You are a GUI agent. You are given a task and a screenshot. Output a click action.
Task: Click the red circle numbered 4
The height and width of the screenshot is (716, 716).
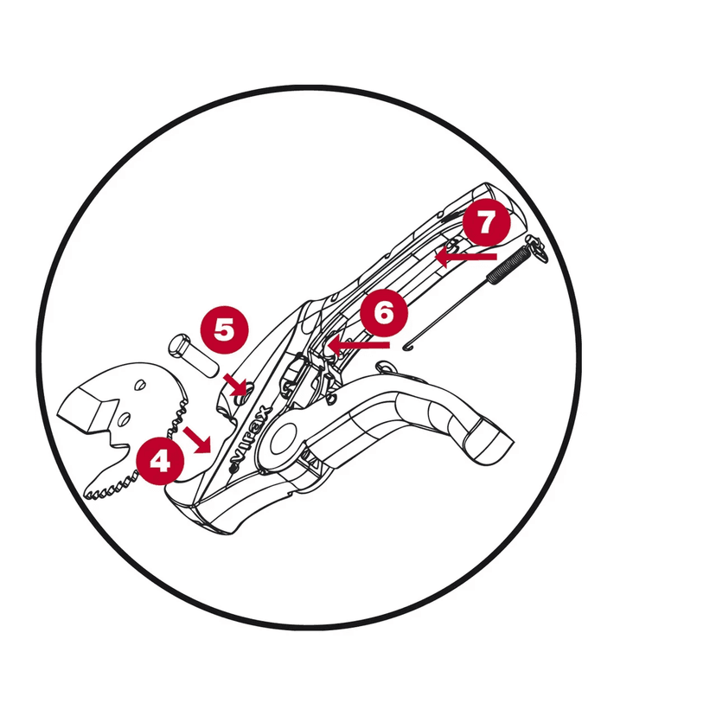pos(160,460)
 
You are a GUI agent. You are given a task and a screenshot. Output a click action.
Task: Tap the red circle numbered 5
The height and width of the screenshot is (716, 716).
pos(225,329)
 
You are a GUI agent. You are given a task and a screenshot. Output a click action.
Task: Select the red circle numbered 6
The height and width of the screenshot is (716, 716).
pos(384,313)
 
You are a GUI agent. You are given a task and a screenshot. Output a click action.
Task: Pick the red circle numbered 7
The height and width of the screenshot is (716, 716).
pos(486,222)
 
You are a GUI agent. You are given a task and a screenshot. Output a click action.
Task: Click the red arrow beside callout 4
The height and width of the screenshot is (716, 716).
pos(197,440)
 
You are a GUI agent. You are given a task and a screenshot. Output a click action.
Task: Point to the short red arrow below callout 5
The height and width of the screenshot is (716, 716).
pos(235,385)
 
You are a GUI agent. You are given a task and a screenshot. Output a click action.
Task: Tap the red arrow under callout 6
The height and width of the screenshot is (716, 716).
pos(359,345)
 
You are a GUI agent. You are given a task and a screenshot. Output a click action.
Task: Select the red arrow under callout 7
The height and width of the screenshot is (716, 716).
pos(466,257)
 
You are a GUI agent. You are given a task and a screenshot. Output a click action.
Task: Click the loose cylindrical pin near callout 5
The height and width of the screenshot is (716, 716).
pos(194,355)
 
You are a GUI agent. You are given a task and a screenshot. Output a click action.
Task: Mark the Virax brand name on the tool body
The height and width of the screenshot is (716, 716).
pos(250,437)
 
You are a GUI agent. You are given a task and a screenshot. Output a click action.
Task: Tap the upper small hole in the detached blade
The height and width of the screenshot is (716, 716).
pos(141,385)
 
